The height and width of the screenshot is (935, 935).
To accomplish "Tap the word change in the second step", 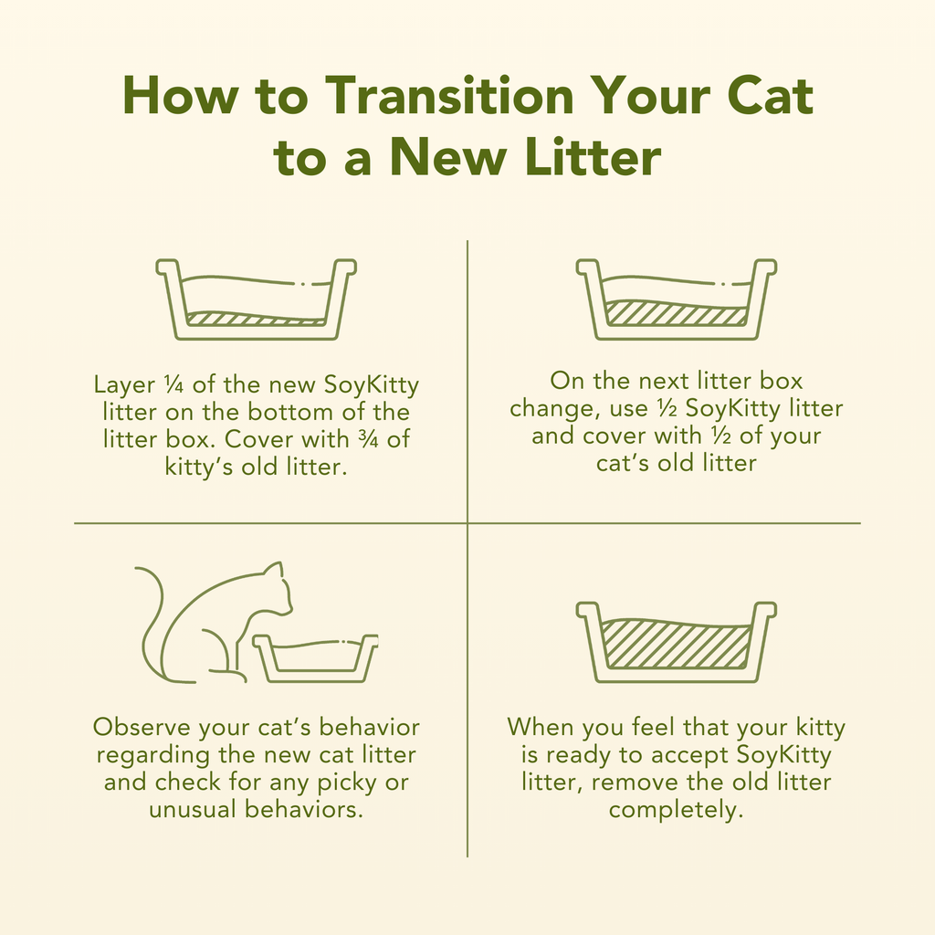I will pos(550,407).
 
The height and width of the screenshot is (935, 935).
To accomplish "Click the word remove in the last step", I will pos(666,783).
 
